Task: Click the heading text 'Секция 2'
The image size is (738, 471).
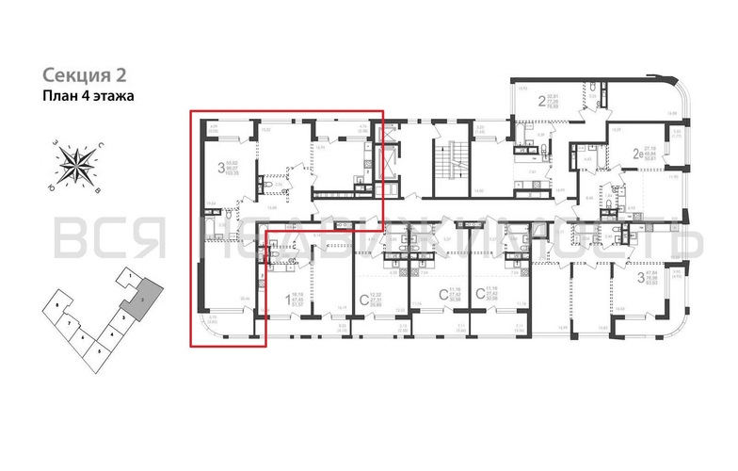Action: [84, 74]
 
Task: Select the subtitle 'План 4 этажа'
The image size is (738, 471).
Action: [90, 95]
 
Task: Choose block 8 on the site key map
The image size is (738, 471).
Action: [58, 307]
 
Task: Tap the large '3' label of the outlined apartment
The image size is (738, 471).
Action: [221, 170]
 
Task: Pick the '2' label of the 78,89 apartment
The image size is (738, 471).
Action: [541, 101]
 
